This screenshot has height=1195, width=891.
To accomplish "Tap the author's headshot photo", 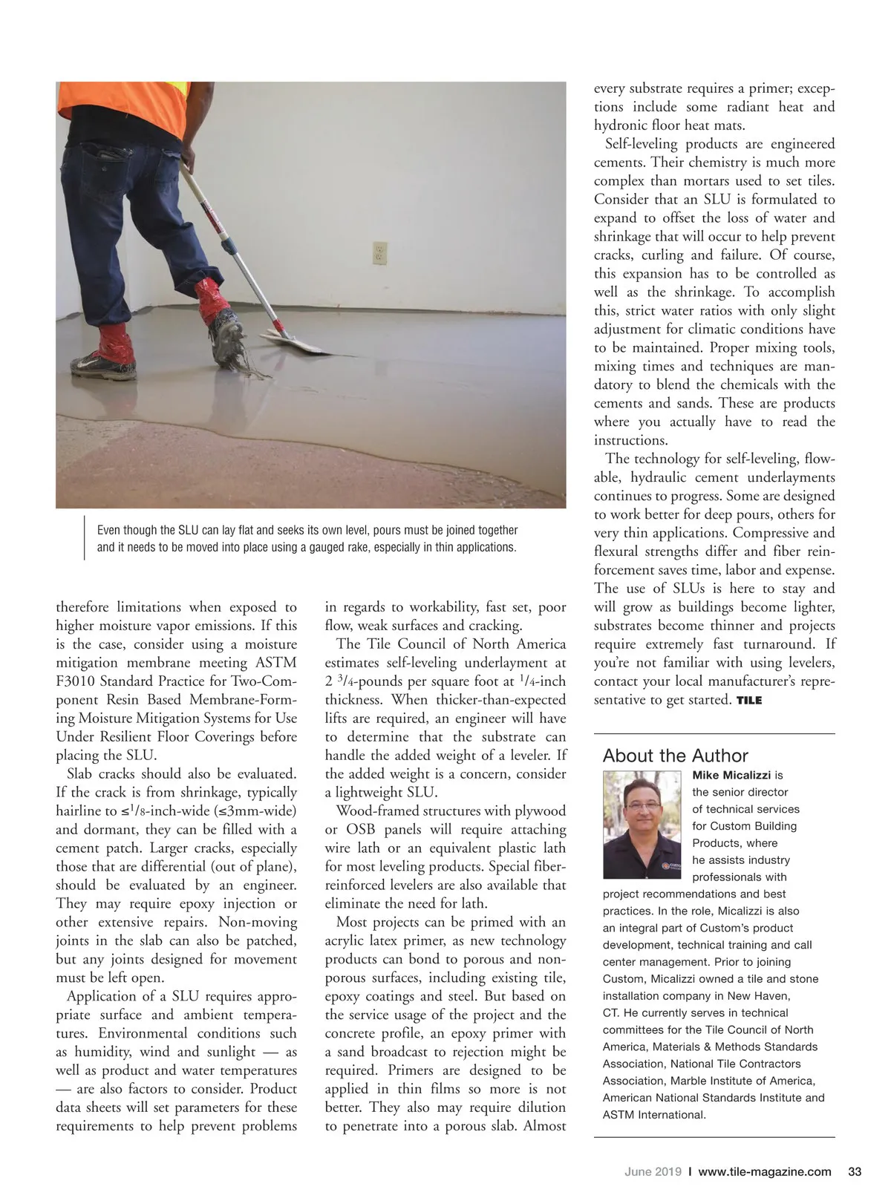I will coord(642,825).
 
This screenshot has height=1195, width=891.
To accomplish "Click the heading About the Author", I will coord(675,756).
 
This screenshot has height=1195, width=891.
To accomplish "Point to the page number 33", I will coord(854,1172).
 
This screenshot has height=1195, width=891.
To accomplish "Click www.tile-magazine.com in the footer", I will coord(765,1172).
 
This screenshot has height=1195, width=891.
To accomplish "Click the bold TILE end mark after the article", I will coord(749,700).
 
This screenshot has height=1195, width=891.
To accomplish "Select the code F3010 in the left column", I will coord(76,681).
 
